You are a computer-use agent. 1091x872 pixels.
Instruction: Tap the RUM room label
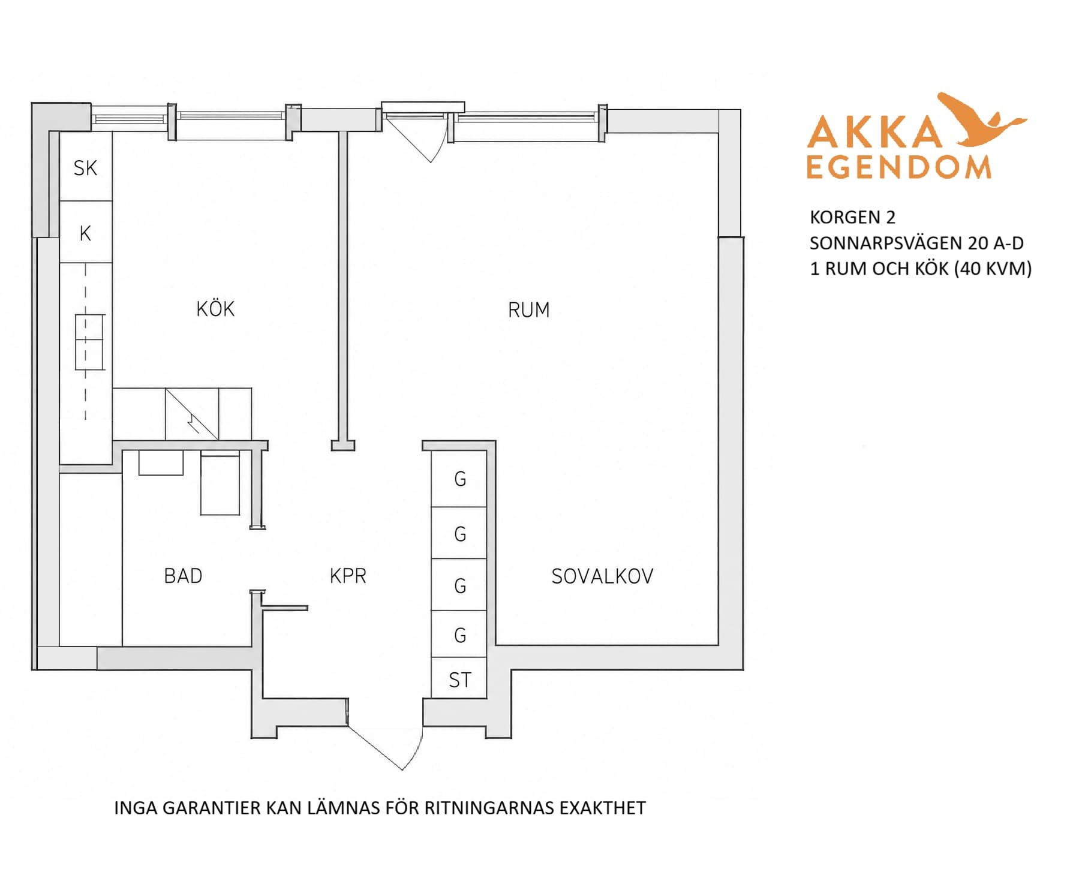(x=528, y=309)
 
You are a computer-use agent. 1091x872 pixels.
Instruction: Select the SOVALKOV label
(x=602, y=576)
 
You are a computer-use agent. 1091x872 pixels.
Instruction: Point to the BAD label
(x=183, y=576)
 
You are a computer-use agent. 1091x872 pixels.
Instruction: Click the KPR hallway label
(x=348, y=576)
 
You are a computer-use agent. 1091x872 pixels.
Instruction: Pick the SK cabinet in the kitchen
(x=86, y=167)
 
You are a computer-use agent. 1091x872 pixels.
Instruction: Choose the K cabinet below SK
(x=86, y=232)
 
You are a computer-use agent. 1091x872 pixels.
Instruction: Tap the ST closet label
(x=460, y=679)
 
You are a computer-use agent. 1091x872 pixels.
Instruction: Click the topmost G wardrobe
(x=459, y=479)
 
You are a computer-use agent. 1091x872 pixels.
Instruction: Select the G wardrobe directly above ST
(x=459, y=635)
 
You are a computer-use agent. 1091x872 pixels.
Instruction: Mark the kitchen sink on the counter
(x=90, y=342)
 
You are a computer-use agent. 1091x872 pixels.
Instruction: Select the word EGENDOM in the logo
(x=898, y=167)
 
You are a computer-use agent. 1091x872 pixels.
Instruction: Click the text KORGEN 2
(x=852, y=217)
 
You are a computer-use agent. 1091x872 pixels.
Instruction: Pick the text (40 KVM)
(x=994, y=268)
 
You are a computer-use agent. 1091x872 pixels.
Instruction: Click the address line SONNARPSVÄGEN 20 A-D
(x=916, y=243)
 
